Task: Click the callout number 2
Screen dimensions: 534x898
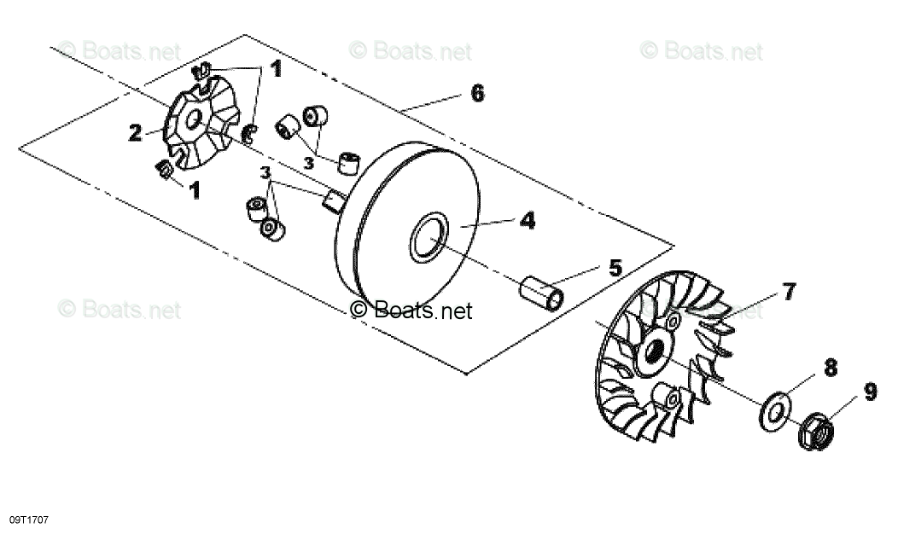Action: pos(136,133)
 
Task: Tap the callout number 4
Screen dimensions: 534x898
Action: pos(528,221)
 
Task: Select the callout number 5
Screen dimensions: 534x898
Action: pos(615,267)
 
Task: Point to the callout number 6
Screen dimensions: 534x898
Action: pos(476,93)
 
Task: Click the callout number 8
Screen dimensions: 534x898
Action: pos(830,369)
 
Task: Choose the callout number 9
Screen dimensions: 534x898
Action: pos(869,392)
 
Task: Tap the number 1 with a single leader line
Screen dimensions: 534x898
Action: pos(195,189)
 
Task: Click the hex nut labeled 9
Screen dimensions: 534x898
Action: pos(814,431)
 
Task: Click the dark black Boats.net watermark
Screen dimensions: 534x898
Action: pos(411,310)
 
